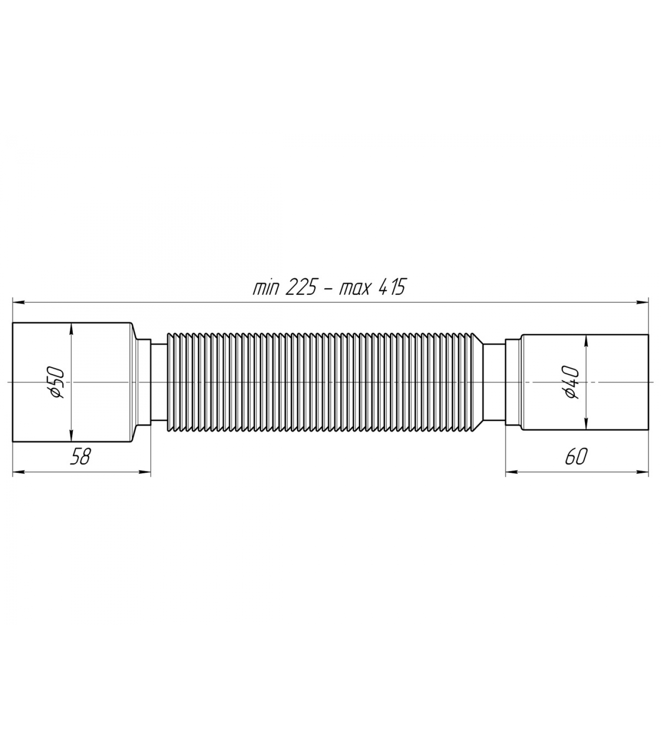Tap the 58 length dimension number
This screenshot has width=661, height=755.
[x=80, y=457]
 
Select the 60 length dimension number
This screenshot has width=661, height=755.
[x=575, y=457]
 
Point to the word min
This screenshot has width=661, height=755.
[x=265, y=288]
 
